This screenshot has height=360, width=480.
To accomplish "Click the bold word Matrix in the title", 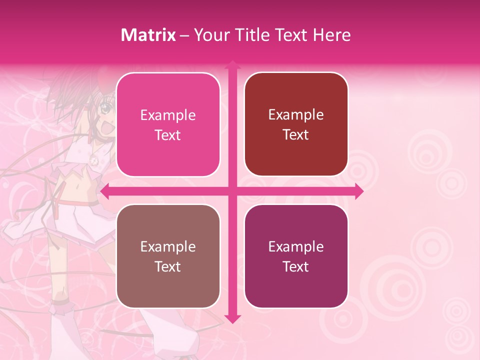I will point(148,35).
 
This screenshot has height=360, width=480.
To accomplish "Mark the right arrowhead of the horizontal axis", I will point(358,191).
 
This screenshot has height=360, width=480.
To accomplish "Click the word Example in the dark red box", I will point(296,115).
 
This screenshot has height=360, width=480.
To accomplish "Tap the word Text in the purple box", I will point(296,267).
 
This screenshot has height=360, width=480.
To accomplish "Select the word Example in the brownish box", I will point(168,246).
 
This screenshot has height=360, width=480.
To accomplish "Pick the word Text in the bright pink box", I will point(168,135).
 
